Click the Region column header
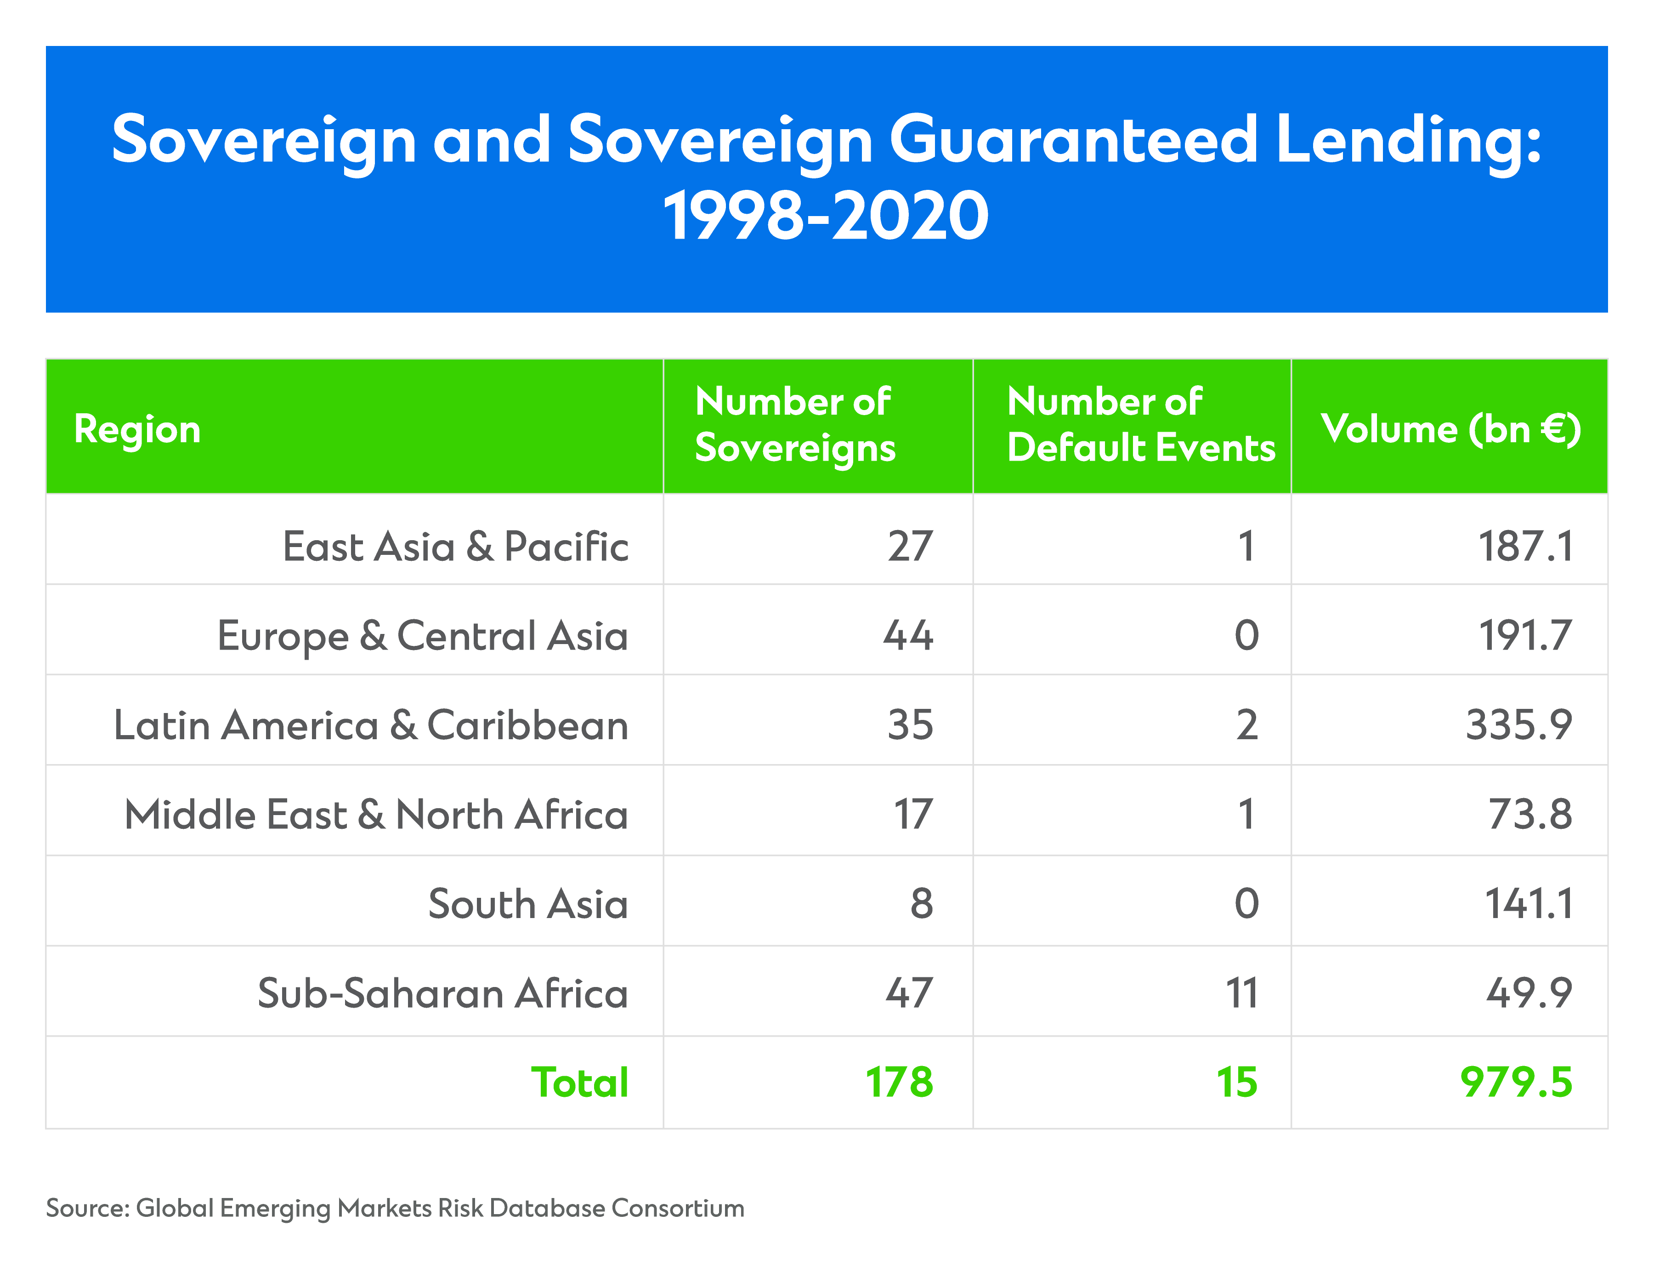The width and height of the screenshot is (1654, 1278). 137,429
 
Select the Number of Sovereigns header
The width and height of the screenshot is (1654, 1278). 795,425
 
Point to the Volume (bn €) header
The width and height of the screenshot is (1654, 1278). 1450,429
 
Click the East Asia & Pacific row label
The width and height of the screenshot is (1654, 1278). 455,546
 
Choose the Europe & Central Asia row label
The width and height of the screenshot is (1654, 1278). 423,636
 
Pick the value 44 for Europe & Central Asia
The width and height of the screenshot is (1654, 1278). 908,636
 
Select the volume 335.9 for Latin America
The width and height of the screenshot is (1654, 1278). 1519,725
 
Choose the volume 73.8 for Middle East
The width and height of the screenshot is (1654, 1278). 1530,814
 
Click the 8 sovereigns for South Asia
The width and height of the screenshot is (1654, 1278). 922,904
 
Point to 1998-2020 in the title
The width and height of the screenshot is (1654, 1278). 826,216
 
